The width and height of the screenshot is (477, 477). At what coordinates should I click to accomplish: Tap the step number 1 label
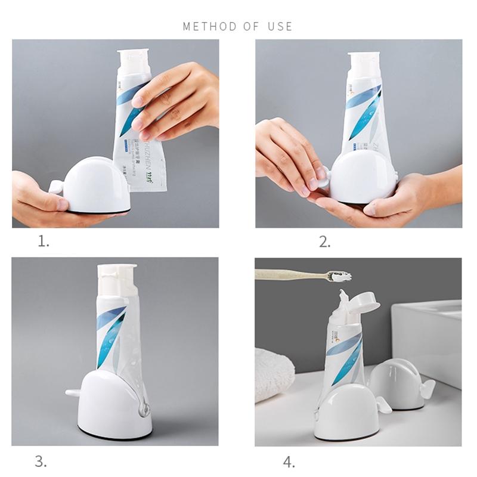click(44, 241)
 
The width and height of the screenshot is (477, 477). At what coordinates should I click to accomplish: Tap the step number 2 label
click(324, 241)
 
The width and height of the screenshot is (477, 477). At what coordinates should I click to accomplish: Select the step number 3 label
click(41, 461)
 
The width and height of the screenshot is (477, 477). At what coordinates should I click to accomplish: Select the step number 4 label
click(289, 461)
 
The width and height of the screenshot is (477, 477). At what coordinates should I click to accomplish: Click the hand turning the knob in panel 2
click(286, 155)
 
